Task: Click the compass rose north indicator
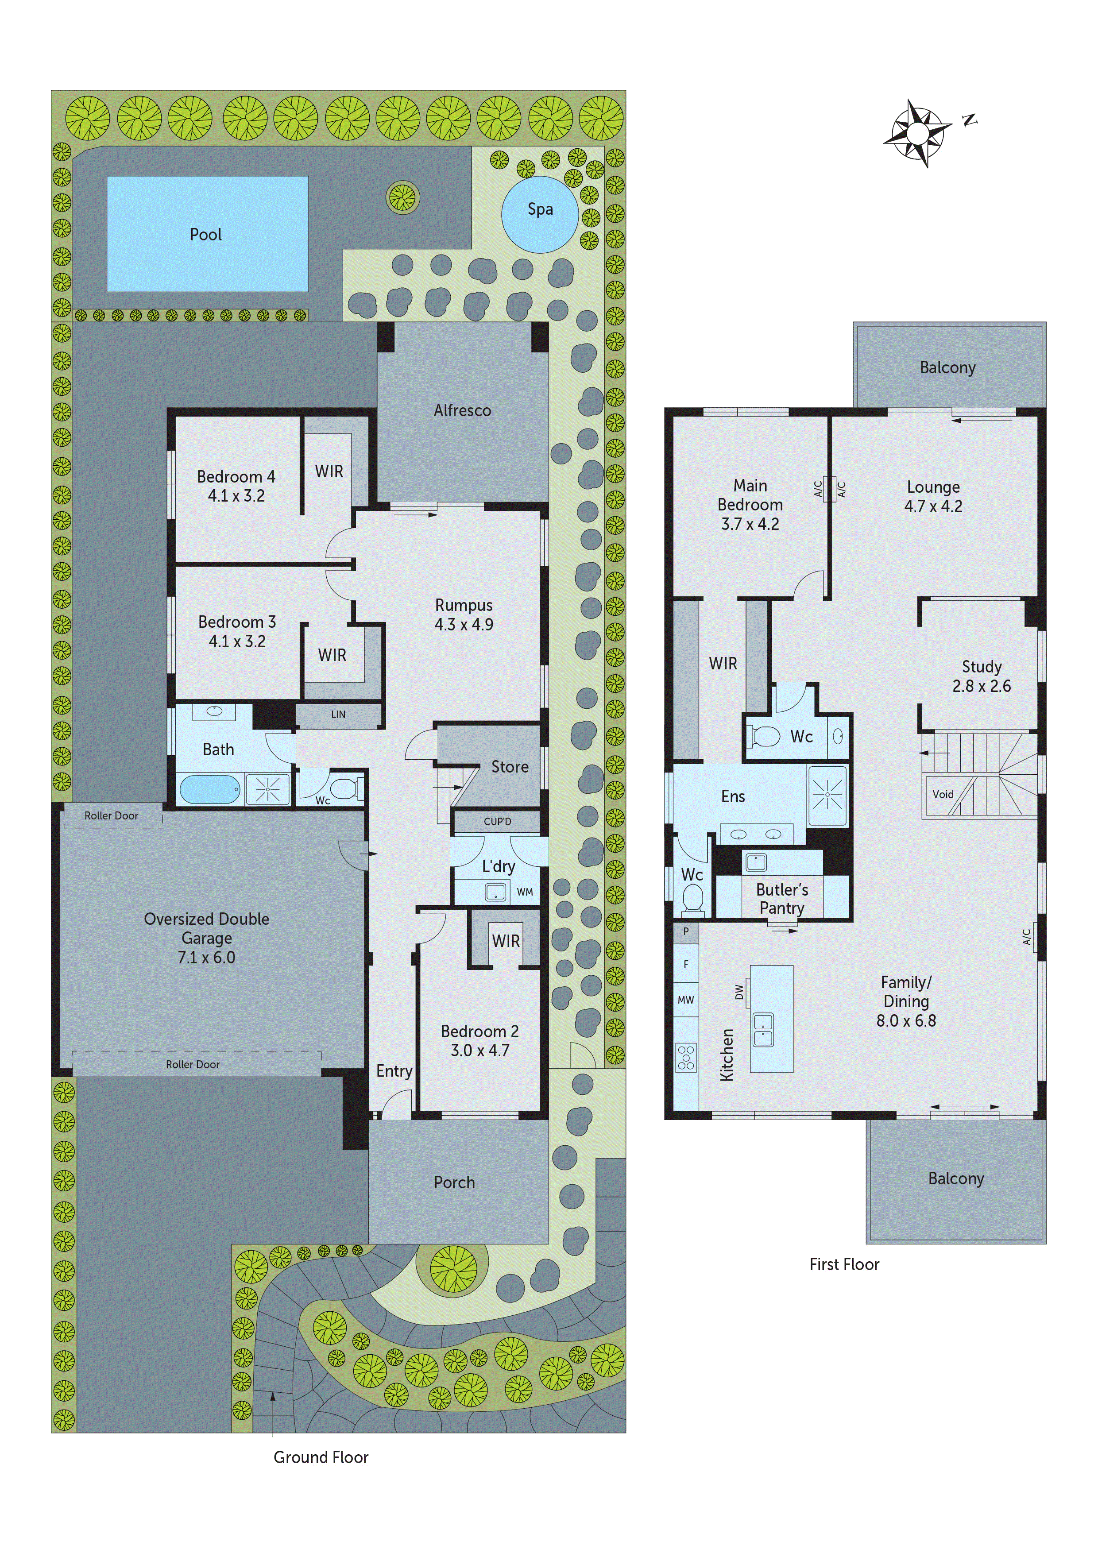pyautogui.click(x=970, y=120)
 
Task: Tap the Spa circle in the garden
pyautogui.click(x=539, y=214)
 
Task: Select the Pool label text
pyautogui.click(x=206, y=235)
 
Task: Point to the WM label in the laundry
pyautogui.click(x=525, y=892)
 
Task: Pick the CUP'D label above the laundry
pyautogui.click(x=497, y=821)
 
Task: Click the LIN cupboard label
pyautogui.click(x=338, y=714)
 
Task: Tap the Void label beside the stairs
pyautogui.click(x=943, y=794)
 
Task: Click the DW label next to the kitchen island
pyautogui.click(x=739, y=992)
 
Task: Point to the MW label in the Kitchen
pyautogui.click(x=686, y=1000)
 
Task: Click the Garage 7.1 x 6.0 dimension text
pyautogui.click(x=206, y=957)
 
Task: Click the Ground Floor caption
pyautogui.click(x=321, y=1457)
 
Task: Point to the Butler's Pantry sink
pyautogui.click(x=756, y=862)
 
